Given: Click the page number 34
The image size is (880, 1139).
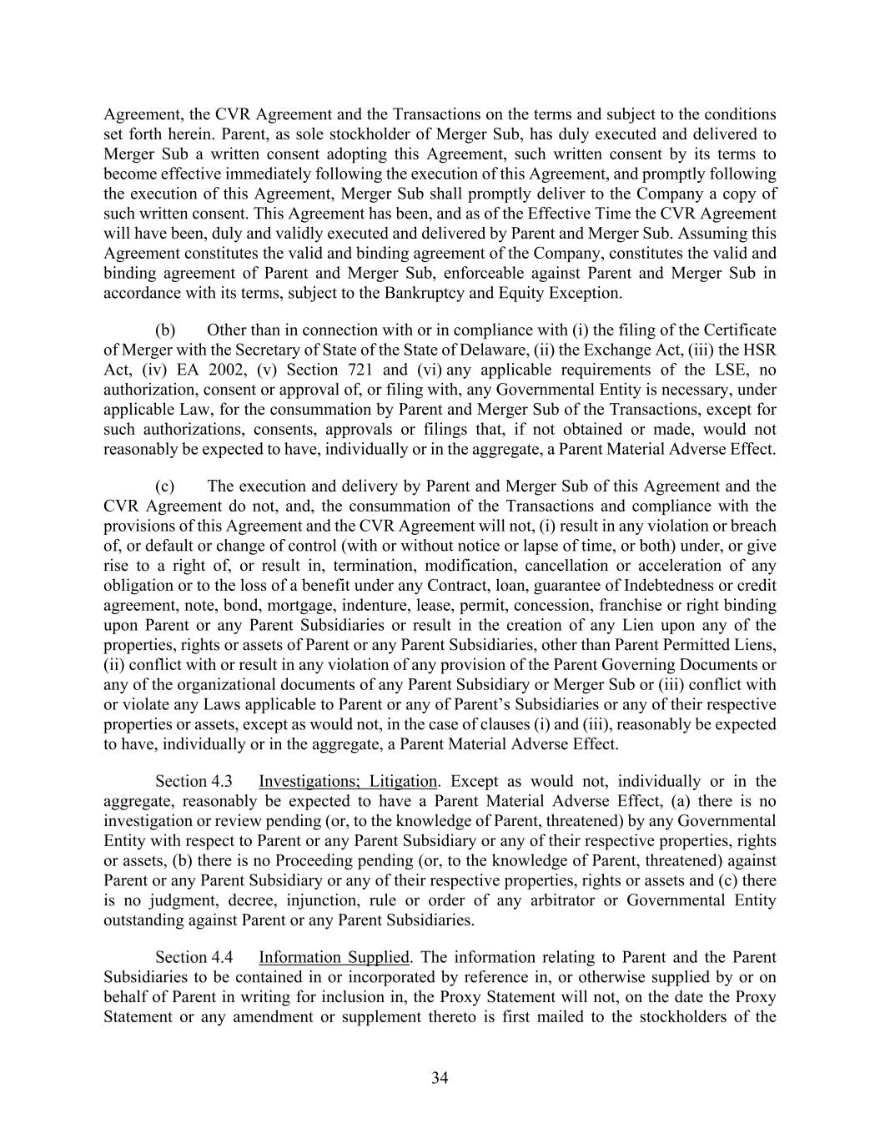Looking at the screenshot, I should [440, 1078].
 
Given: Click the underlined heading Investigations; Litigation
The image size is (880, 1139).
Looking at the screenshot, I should [347, 781].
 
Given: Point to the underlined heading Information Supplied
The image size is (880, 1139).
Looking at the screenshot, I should [334, 957].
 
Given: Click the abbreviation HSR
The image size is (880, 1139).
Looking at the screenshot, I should [762, 350].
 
